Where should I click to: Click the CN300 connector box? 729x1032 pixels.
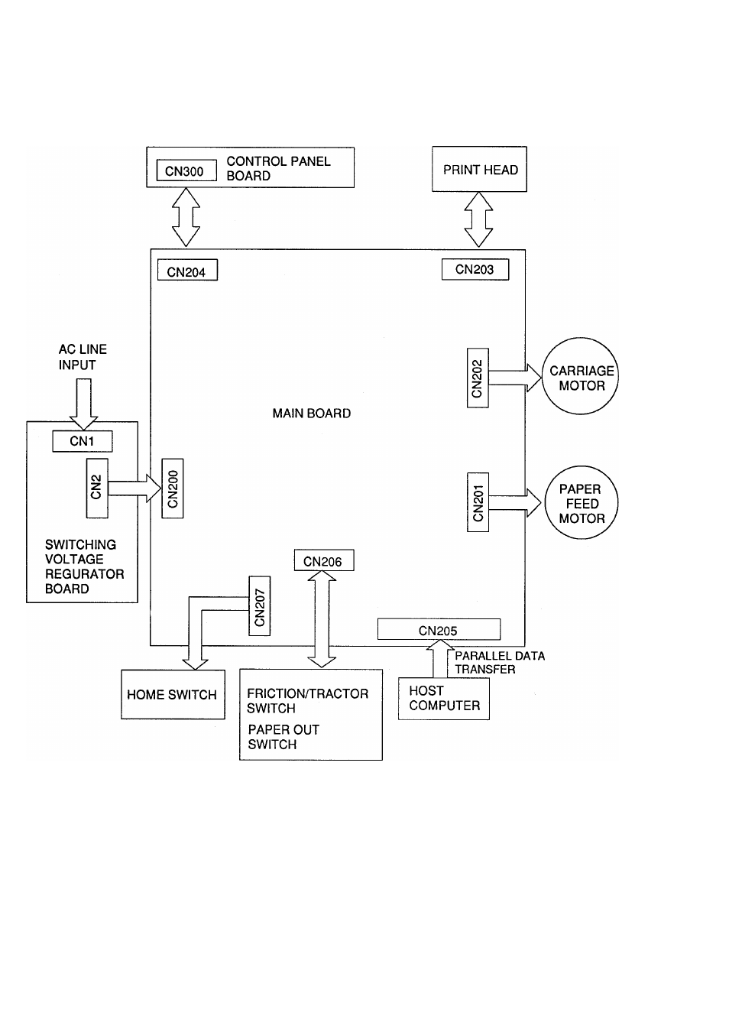186,170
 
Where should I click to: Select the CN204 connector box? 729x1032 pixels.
187,271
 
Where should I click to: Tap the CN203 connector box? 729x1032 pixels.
475,269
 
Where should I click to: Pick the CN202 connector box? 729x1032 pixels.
478,378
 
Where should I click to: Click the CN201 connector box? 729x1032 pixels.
478,502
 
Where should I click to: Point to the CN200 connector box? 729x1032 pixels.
173,488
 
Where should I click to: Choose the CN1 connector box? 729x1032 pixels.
83,441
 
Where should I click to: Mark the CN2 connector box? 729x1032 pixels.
97,488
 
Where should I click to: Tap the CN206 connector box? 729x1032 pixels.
323,561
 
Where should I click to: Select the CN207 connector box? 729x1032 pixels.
260,606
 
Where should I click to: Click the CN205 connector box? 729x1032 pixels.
439,630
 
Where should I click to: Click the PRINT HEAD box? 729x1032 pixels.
479,169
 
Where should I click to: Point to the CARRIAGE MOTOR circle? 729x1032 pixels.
581,377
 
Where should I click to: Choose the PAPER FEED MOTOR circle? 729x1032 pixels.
581,503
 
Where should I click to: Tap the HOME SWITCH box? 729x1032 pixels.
173,694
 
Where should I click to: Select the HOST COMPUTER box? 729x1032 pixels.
443,698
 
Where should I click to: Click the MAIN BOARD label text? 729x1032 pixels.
312,413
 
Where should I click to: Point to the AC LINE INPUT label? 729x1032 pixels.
82,357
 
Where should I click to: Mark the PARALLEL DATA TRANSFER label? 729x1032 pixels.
500,662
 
